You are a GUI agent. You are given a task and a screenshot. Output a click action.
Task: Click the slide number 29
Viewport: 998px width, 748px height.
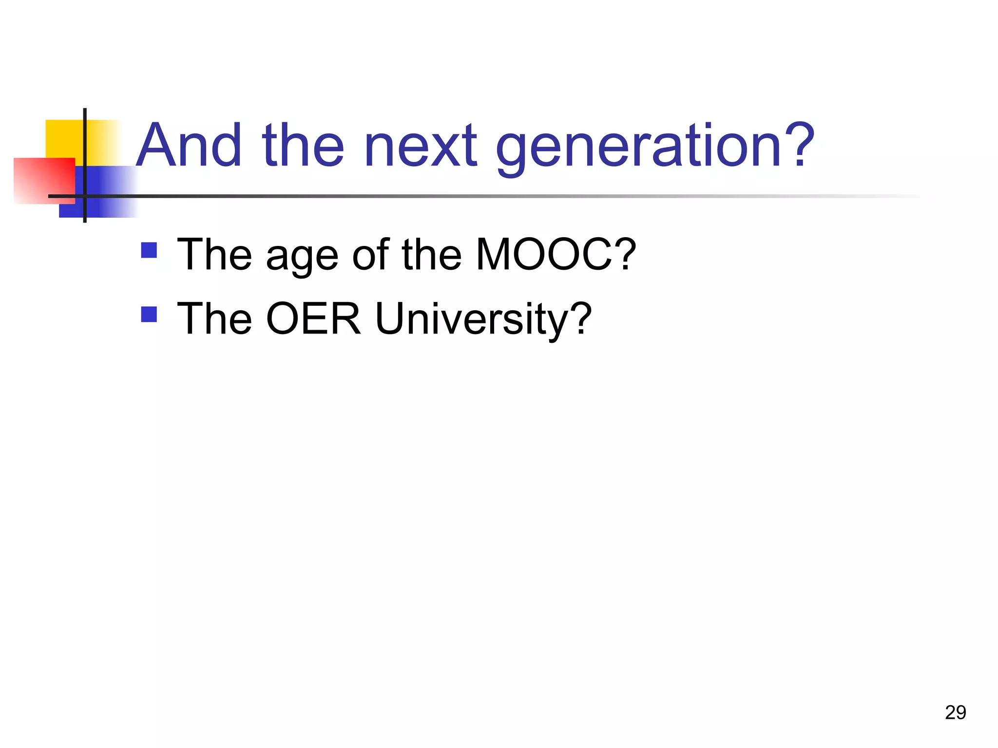point(955,712)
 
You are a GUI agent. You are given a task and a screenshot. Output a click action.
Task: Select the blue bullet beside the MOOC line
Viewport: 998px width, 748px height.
point(149,250)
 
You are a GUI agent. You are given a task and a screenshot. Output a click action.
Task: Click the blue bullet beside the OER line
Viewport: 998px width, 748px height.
point(149,314)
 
